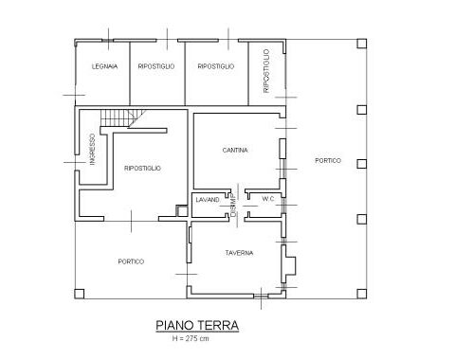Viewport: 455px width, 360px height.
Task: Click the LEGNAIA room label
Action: click(104, 66)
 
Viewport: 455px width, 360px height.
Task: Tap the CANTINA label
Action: click(235, 150)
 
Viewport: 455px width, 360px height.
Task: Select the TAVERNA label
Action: click(239, 253)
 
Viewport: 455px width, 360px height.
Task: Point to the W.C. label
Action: click(268, 199)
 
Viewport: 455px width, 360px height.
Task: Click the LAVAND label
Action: click(208, 200)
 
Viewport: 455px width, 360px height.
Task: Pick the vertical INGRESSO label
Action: click(92, 150)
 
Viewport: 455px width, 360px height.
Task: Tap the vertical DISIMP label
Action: click(234, 206)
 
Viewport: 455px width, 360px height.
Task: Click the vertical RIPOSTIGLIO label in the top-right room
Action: click(266, 71)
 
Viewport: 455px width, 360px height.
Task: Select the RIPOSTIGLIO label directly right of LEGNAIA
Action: click(156, 66)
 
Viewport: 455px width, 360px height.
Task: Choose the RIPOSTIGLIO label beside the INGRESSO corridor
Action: click(142, 168)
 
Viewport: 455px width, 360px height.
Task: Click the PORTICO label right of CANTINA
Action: click(328, 160)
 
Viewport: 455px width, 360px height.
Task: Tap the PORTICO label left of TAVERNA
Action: click(131, 261)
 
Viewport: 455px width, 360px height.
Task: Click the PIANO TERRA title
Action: click(197, 325)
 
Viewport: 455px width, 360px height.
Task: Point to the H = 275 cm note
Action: click(191, 338)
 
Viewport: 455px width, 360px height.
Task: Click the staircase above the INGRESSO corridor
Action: click(123, 118)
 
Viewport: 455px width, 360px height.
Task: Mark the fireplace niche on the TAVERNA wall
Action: click(289, 264)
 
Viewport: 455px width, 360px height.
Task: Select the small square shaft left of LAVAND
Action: click(182, 211)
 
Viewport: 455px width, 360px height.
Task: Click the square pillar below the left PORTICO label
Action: click(80, 294)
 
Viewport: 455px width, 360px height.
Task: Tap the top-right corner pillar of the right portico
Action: click(362, 44)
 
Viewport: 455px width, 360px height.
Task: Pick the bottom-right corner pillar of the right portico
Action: click(362, 294)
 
